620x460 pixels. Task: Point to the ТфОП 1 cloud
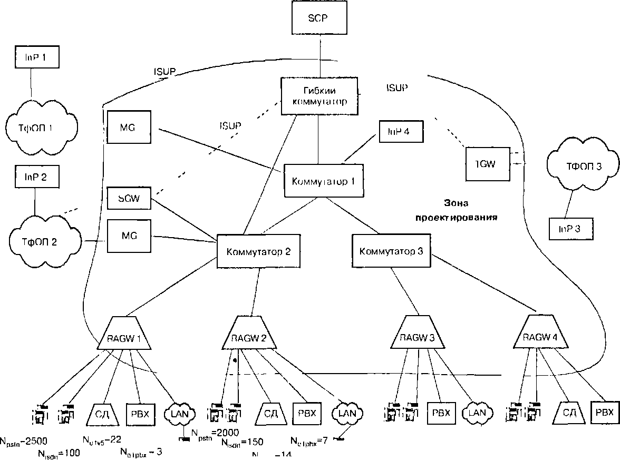[x=40, y=126]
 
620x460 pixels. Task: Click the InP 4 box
[x=401, y=131]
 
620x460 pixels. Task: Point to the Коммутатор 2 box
[x=258, y=251]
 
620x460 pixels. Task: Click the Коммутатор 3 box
[x=391, y=250]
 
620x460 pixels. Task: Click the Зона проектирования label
[x=456, y=210]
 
